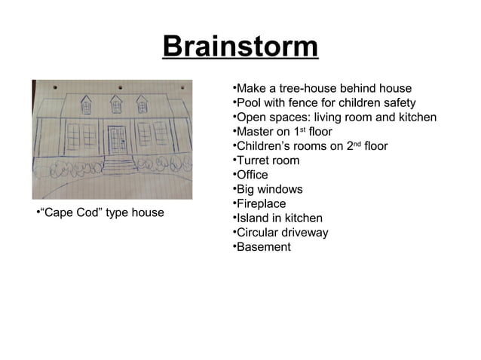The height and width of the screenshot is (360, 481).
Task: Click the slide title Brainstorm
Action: click(240, 47)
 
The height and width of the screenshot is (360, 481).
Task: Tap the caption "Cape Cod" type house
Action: click(100, 212)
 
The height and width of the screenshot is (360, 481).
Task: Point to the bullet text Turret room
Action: click(268, 160)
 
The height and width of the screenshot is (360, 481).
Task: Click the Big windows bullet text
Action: click(269, 189)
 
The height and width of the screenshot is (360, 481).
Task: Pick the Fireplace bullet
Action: click(261, 203)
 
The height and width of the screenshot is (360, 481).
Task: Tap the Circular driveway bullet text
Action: click(282, 232)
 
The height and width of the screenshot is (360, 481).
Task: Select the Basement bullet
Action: click(263, 246)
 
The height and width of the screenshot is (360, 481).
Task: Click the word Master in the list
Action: click(256, 132)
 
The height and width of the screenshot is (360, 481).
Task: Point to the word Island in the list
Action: click(252, 218)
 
